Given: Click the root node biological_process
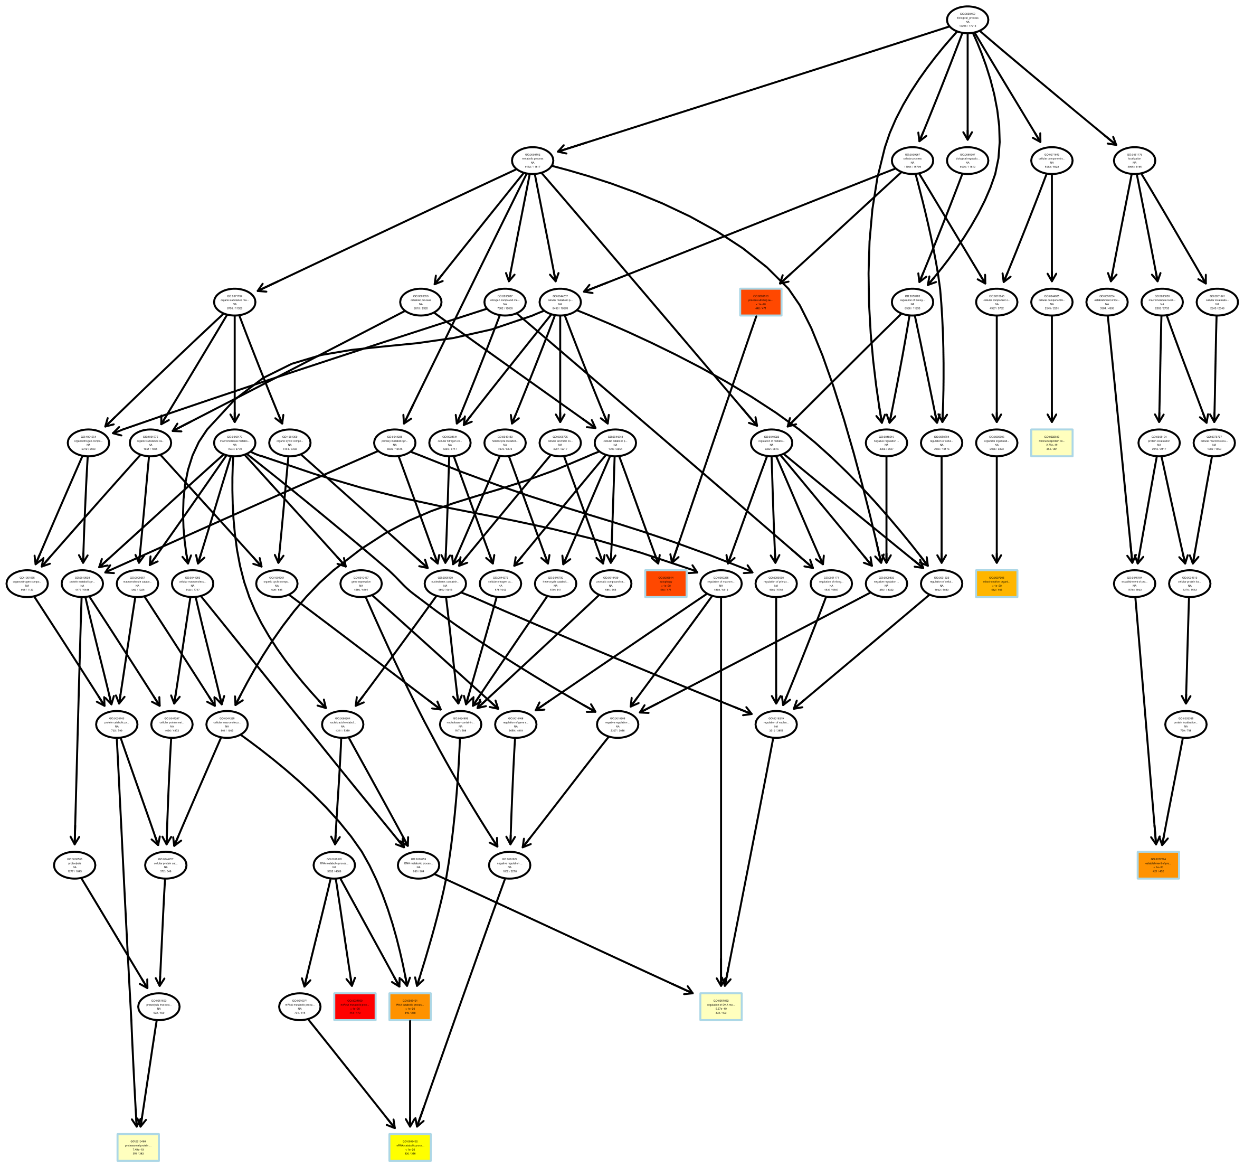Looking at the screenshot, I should [967, 20].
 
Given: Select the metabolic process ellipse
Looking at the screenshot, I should [533, 161].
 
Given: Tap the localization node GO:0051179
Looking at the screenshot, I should [1135, 161].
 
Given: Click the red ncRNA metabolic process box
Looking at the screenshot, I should [355, 1006].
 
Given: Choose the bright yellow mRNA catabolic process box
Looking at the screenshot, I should [410, 1147].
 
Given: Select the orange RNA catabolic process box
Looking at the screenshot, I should [410, 1006].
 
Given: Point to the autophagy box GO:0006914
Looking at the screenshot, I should [666, 583].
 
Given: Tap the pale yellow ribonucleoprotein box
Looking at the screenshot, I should [1052, 443].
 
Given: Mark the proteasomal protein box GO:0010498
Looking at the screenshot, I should [138, 1147].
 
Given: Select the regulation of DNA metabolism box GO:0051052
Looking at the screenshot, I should [721, 1006].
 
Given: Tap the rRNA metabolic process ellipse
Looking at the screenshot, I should [300, 1006].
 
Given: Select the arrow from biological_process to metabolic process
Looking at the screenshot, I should [751, 88].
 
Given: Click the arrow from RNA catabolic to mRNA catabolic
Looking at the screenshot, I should [410, 1077].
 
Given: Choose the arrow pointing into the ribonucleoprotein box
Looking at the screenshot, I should [1052, 370].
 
